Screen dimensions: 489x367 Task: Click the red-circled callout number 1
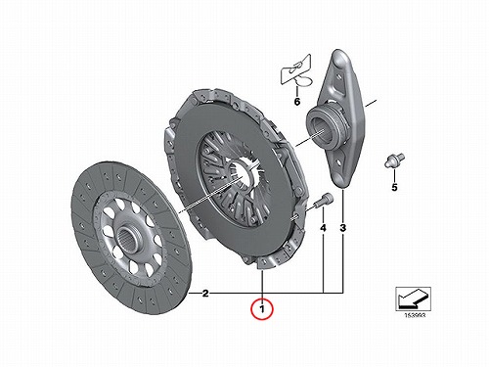pyautogui.click(x=262, y=308)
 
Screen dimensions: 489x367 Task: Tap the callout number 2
pyautogui.click(x=205, y=294)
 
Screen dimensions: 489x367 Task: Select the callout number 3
pyautogui.click(x=342, y=228)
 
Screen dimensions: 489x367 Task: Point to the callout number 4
pyautogui.click(x=323, y=228)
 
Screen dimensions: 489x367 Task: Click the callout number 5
pyautogui.click(x=394, y=188)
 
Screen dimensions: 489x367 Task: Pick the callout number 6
pyautogui.click(x=297, y=102)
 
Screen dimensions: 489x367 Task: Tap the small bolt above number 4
pyautogui.click(x=324, y=200)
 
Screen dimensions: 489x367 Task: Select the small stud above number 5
pyautogui.click(x=394, y=161)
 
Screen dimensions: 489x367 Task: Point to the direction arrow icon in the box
pyautogui.click(x=413, y=298)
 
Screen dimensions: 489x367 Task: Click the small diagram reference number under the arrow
pyautogui.click(x=415, y=315)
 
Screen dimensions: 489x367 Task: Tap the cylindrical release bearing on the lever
pyautogui.click(x=324, y=125)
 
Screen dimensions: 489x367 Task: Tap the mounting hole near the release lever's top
pyautogui.click(x=339, y=77)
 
